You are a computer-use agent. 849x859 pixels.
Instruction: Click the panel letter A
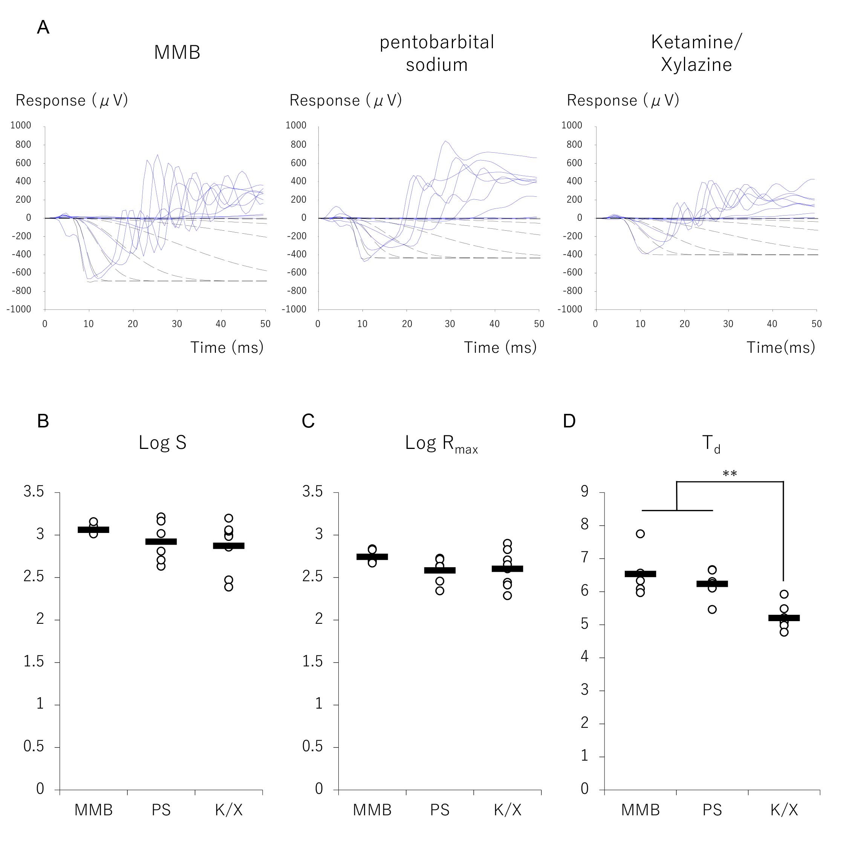43,28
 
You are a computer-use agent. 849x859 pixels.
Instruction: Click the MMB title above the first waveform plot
177,52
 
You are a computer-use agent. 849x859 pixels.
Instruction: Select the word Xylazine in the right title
696,65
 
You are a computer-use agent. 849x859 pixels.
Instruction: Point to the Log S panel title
162,443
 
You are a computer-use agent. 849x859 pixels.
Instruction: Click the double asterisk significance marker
730,474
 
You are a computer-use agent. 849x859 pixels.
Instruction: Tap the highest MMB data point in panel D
640,534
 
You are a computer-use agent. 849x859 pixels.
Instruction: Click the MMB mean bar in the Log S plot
93,530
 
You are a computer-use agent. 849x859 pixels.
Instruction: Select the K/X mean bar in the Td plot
784,617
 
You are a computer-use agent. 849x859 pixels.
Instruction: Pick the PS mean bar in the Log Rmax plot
440,570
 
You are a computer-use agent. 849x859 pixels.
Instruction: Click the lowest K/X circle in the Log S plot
228,587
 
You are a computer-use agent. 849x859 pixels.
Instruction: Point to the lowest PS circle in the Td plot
712,609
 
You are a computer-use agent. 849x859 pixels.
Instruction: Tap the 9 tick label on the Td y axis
584,492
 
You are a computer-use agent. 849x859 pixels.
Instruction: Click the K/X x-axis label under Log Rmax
507,810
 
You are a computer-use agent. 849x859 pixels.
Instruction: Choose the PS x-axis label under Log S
161,810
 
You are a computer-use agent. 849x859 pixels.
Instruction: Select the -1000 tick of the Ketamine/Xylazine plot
571,309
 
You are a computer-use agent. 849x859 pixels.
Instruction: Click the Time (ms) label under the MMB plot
227,347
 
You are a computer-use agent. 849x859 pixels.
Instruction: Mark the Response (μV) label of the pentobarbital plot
346,101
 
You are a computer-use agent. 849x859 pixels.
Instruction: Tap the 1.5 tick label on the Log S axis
34,661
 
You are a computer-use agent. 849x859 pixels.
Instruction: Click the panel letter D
569,421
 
